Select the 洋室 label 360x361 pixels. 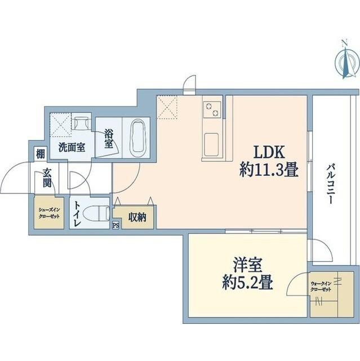point(246,265)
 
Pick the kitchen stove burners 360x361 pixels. point(213,108)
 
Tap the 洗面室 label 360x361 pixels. point(72,148)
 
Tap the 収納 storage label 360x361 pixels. point(136,217)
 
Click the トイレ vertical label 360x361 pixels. point(77,214)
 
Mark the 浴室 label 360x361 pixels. point(108,139)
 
